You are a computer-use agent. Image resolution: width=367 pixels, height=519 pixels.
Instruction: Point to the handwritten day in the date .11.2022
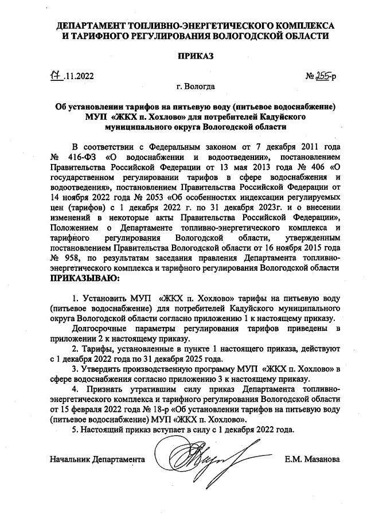point(55,75)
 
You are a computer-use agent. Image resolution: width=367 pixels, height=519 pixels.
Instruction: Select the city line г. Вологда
point(196,87)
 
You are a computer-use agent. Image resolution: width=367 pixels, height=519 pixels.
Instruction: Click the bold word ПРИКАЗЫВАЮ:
point(85,279)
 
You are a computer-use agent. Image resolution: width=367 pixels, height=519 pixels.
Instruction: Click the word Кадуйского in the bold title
point(279,116)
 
